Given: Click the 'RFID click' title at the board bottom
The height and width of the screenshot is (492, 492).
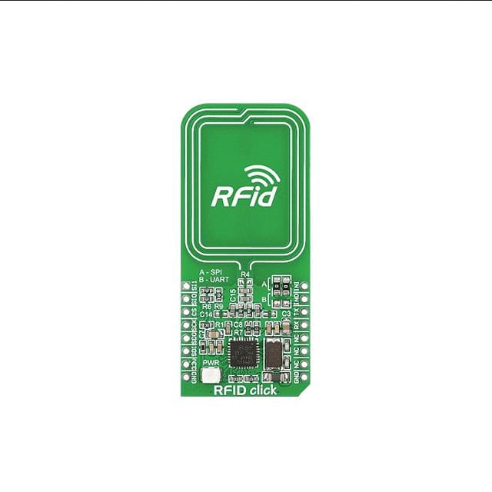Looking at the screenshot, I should click(x=245, y=390).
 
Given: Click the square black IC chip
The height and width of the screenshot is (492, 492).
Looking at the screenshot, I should click(x=244, y=353).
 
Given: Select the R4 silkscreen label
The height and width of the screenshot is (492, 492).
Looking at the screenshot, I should click(x=246, y=274).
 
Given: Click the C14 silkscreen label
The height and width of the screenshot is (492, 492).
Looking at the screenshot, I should click(x=206, y=315).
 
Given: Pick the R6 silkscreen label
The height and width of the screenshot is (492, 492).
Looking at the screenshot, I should click(x=206, y=306).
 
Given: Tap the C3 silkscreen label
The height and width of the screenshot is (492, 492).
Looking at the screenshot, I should click(x=286, y=314).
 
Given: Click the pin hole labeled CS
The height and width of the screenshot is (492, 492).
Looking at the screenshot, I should click(x=185, y=311).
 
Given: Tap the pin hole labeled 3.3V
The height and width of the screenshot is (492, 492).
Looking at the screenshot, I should click(x=185, y=364).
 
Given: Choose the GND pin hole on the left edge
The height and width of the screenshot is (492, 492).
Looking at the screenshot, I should click(x=185, y=377).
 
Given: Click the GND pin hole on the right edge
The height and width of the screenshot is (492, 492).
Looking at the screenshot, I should click(x=305, y=377).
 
